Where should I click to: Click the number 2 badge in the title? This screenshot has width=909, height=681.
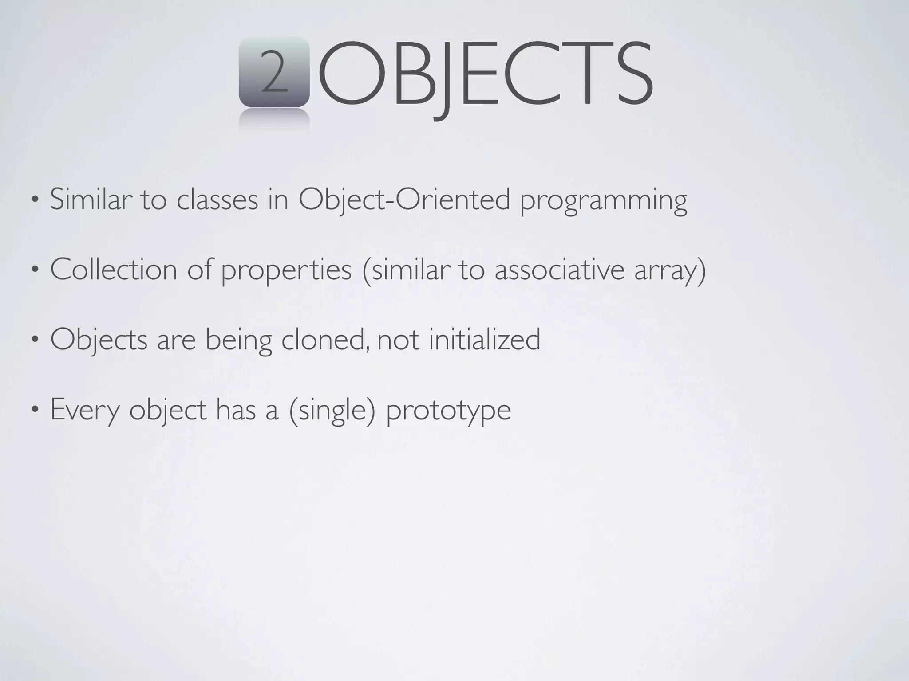[x=274, y=72]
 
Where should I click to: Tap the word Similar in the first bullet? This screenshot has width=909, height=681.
[x=91, y=200]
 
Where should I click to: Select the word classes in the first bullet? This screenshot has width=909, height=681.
[x=217, y=200]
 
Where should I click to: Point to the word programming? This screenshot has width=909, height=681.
[x=603, y=202]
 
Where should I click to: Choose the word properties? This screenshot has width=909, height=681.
[x=286, y=271]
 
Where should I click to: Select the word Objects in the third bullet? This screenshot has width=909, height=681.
[x=99, y=340]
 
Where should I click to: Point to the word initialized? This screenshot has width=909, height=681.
[x=485, y=340]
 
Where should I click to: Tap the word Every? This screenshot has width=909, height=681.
[x=85, y=410]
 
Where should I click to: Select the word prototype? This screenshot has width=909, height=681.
[x=448, y=411]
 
